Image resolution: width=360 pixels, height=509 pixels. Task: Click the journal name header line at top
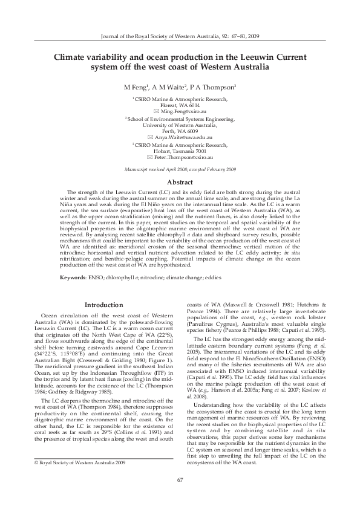click(x=180, y=36)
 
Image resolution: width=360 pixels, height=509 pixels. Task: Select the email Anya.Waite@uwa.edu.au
click(x=184, y=138)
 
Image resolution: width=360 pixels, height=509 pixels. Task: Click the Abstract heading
click(x=180, y=181)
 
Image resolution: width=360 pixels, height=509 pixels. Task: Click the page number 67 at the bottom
click(x=180, y=479)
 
